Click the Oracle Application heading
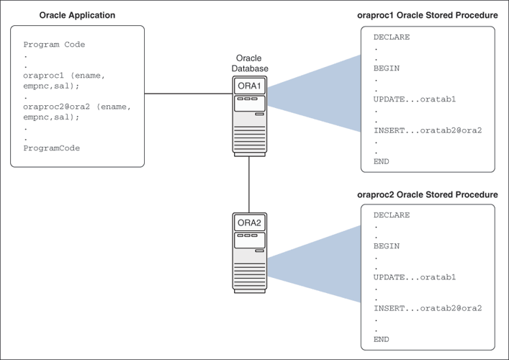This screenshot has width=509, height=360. tap(76, 15)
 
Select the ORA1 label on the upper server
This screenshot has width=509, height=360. tap(248, 86)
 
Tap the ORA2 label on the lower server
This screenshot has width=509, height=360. tap(248, 223)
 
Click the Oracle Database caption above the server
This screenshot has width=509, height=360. tap(248, 63)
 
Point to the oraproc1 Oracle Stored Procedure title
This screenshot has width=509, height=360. tap(427, 16)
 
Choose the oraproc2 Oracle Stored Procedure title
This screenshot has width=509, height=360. tap(427, 195)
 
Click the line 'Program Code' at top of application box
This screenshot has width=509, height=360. tap(54, 45)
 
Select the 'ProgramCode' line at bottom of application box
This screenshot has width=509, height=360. tap(51, 148)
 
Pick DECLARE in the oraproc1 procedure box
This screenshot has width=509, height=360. tap(391, 37)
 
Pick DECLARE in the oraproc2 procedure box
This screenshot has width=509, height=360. tap(391, 215)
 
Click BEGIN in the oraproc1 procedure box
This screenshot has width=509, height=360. tap(386, 68)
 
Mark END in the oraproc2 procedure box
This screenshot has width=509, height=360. tap(381, 339)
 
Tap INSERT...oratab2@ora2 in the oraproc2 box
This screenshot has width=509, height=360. tap(427, 308)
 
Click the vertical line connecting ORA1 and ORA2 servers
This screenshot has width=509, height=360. tap(248, 183)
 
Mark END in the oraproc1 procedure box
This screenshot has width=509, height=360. tap(381, 162)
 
